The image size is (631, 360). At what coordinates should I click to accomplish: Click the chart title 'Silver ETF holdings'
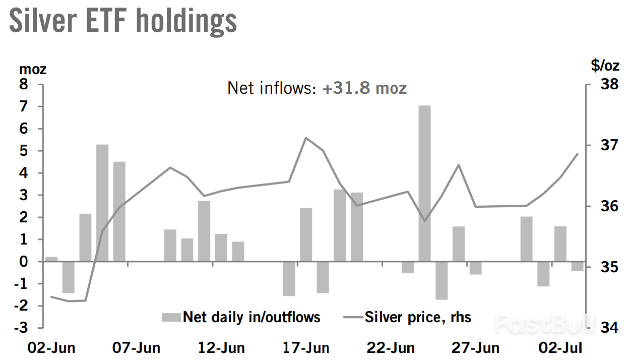tap(123, 21)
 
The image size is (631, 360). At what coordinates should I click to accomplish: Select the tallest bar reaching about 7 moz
tap(424, 183)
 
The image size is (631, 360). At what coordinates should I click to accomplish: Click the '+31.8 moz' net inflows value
tap(364, 88)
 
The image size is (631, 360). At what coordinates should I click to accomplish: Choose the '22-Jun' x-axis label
tap(391, 348)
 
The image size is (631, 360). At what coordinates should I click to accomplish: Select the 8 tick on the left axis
tap(24, 84)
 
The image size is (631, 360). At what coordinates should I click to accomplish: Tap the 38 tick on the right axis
tap(609, 84)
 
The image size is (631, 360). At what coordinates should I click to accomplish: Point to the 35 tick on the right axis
tap(609, 267)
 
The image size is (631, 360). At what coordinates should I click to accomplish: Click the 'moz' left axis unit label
tap(33, 70)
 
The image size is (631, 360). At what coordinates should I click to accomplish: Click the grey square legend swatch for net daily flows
tap(171, 317)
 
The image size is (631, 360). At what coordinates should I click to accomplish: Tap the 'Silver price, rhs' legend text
tap(418, 317)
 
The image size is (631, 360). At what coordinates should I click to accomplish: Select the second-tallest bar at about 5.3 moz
tap(102, 203)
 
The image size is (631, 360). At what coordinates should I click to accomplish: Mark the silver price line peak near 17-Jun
tap(306, 138)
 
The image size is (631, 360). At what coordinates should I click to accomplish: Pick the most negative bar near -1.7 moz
tap(441, 280)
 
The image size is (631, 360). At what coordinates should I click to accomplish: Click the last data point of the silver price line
tap(578, 154)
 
